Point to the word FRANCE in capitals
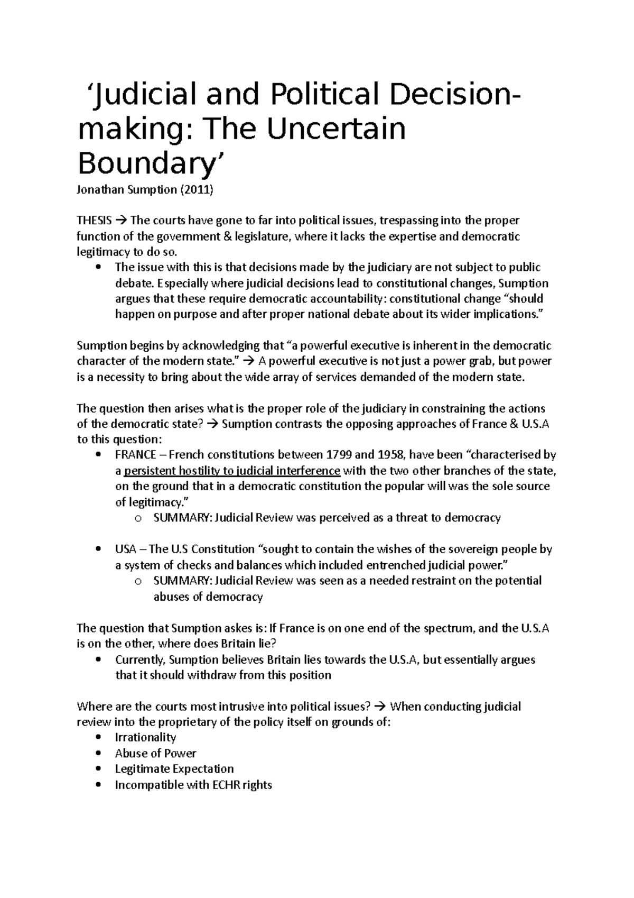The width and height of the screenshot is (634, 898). click(135, 455)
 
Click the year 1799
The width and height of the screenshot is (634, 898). click(339, 455)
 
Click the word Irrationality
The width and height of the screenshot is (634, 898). click(145, 737)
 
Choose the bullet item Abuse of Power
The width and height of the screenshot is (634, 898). click(155, 753)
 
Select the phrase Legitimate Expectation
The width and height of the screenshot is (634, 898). click(174, 769)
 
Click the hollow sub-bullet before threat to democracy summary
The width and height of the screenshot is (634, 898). click(138, 518)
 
